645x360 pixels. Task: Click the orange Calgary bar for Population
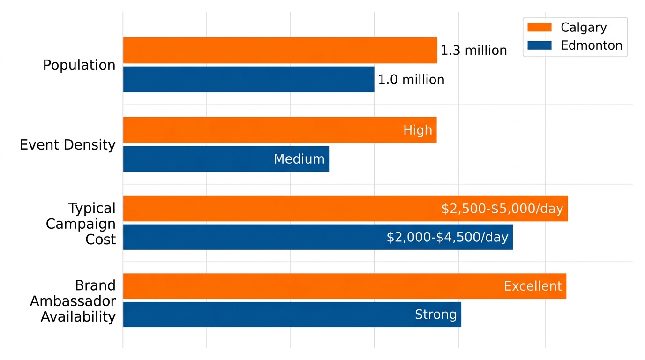click(280, 50)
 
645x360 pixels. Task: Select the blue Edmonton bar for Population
click(248, 79)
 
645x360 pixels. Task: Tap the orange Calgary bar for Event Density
click(262, 130)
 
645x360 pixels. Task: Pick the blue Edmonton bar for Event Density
click(197, 159)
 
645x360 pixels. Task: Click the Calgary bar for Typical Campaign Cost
click(281, 209)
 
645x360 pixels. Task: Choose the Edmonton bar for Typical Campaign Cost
click(253, 237)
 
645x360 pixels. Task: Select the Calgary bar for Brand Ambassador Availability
click(309, 286)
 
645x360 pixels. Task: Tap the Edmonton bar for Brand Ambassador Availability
click(267, 315)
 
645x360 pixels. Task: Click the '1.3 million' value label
click(473, 51)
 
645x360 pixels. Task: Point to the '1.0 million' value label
click(411, 80)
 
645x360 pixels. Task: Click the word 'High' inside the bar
click(417, 130)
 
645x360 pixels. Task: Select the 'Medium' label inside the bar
click(299, 159)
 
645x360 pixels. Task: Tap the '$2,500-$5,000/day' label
click(502, 209)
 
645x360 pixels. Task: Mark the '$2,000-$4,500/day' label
click(447, 237)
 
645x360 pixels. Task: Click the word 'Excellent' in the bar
click(532, 286)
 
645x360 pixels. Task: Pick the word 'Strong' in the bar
click(435, 315)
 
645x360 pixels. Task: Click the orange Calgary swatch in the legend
click(539, 27)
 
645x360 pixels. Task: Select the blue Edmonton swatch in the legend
click(539, 45)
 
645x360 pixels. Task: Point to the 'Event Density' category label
click(67, 145)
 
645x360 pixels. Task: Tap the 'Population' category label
click(79, 65)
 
